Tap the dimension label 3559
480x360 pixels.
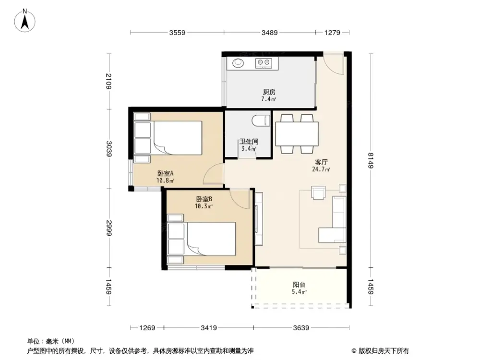[x=177, y=33]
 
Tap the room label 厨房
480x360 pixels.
[x=269, y=92]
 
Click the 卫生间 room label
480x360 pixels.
[x=249, y=142]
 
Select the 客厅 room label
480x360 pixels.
[x=321, y=162]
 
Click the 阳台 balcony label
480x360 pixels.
[x=299, y=284]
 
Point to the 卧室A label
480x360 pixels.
[x=165, y=174]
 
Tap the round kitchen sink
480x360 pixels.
[x=239, y=62]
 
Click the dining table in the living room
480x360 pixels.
[x=297, y=134]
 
